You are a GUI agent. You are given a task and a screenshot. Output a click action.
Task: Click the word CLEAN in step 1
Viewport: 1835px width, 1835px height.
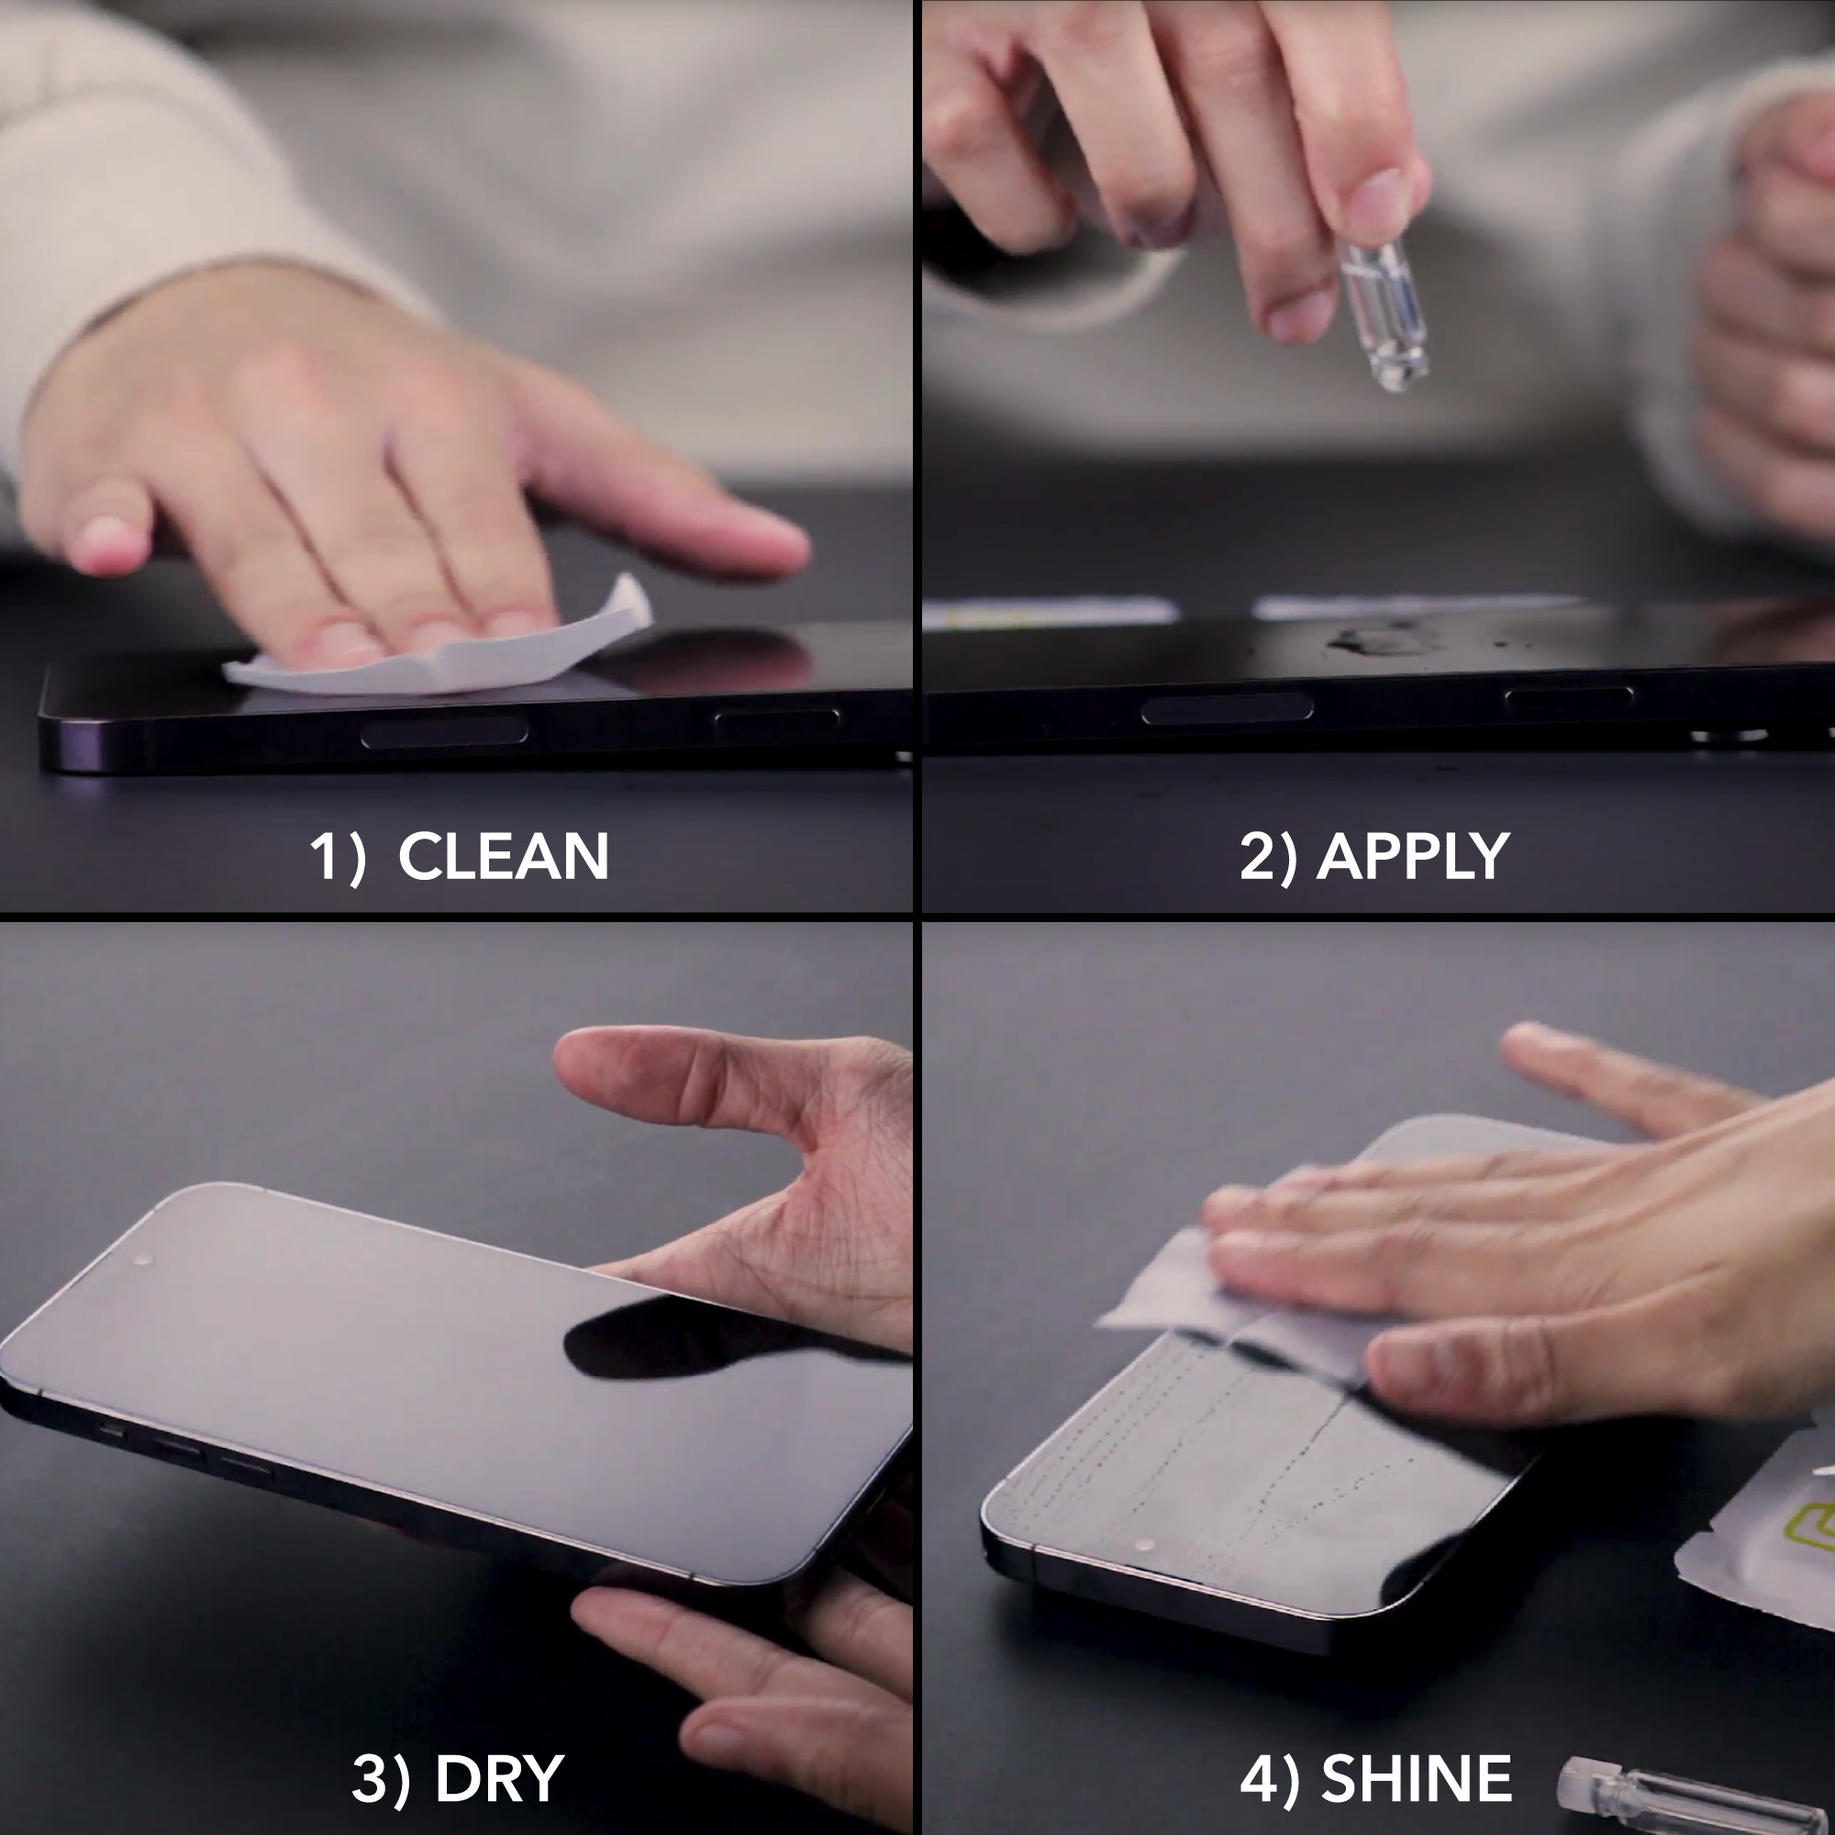coord(503,857)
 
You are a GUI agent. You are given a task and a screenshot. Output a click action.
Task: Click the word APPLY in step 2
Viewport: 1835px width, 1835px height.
coord(1412,857)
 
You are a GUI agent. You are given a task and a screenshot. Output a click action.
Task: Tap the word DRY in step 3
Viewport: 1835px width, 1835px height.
coord(498,1778)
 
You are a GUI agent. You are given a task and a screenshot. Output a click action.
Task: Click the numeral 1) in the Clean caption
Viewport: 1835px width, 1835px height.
coord(337,857)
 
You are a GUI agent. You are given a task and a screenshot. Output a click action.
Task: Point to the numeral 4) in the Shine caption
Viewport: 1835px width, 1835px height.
coord(1269,1778)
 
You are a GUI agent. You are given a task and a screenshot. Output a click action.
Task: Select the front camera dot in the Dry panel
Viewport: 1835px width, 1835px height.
coord(143,1261)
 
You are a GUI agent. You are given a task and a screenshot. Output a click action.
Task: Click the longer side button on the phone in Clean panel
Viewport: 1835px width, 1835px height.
coord(443,733)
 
